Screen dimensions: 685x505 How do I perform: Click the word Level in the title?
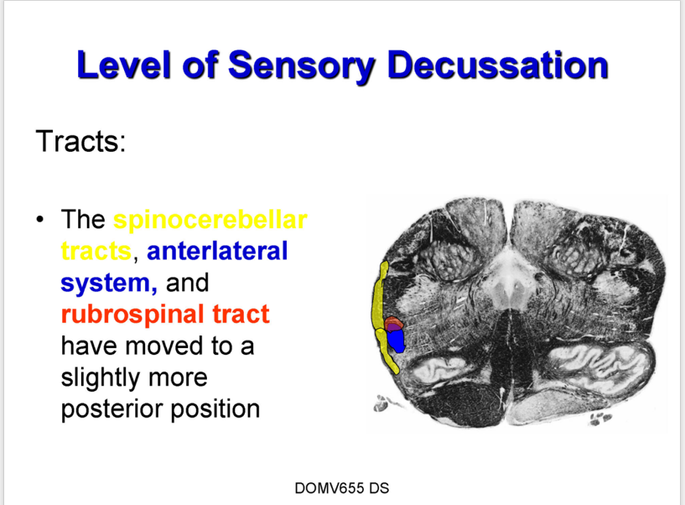pyautogui.click(x=123, y=65)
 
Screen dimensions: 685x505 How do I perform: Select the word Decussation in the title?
pyautogui.click(x=497, y=65)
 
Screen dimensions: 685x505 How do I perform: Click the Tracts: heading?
pyautogui.click(x=80, y=141)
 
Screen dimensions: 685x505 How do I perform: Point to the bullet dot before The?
pyautogui.click(x=40, y=219)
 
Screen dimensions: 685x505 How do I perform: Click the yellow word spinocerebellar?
pyautogui.click(x=210, y=220)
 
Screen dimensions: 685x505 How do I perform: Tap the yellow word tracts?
pyautogui.click(x=96, y=251)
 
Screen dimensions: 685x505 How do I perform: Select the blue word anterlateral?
pyautogui.click(x=217, y=251)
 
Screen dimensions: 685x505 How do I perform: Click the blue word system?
pyautogui.click(x=109, y=284)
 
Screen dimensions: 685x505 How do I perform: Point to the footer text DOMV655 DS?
pyautogui.click(x=342, y=488)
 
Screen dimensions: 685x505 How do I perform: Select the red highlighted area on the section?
pyautogui.click(x=393, y=322)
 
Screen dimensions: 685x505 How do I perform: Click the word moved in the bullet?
pyautogui.click(x=164, y=346)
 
